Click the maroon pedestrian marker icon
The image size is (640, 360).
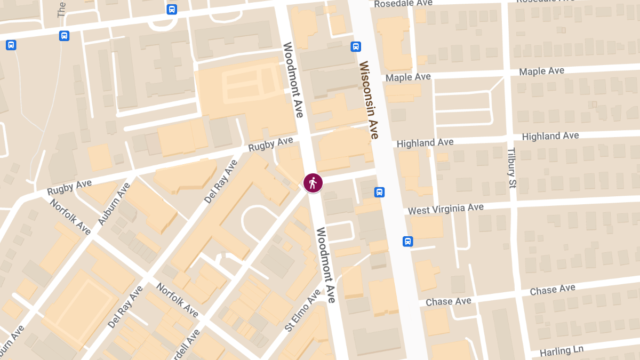pyautogui.click(x=313, y=183)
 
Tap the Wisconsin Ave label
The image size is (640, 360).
pyautogui.click(x=369, y=100)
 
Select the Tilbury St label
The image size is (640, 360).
pyautogui.click(x=512, y=168)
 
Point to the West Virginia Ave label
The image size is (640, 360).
pyautogui.click(x=445, y=209)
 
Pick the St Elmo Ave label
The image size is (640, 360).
pyautogui.click(x=302, y=310)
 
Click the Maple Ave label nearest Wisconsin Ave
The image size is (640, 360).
pyautogui.click(x=408, y=77)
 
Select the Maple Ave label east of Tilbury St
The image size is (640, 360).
pyautogui.click(x=541, y=71)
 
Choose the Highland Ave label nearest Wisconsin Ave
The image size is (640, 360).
pyautogui.click(x=425, y=143)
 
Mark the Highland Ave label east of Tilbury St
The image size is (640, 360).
pyautogui.click(x=550, y=136)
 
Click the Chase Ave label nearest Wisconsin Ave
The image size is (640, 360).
pyautogui.click(x=449, y=302)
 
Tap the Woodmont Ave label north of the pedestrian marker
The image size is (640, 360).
pyautogui.click(x=293, y=80)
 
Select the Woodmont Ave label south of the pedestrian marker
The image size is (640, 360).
pyautogui.click(x=325, y=265)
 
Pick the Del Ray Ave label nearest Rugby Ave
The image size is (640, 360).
pyautogui.click(x=221, y=181)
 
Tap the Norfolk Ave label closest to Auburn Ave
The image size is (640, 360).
pyautogui.click(x=70, y=217)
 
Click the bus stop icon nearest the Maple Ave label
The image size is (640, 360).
pyautogui.click(x=356, y=46)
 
